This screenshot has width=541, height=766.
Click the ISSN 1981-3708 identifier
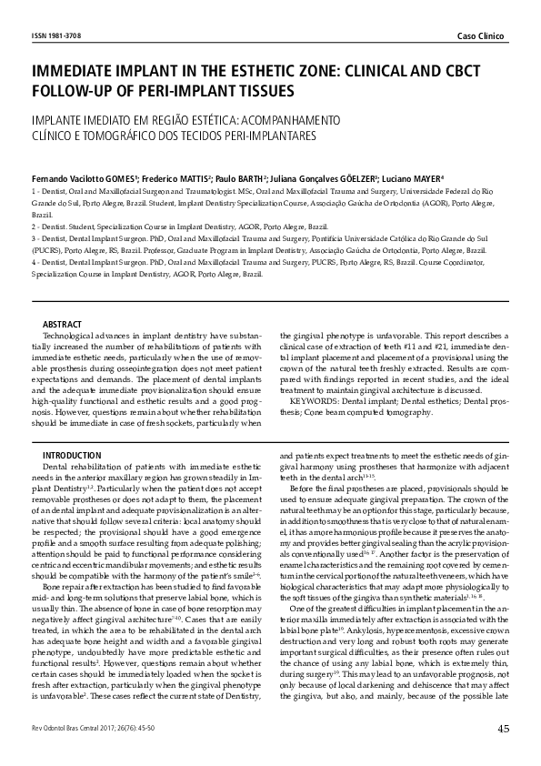pyautogui.click(x=56, y=34)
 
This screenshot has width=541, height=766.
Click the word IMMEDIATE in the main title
pyautogui.click(x=77, y=70)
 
